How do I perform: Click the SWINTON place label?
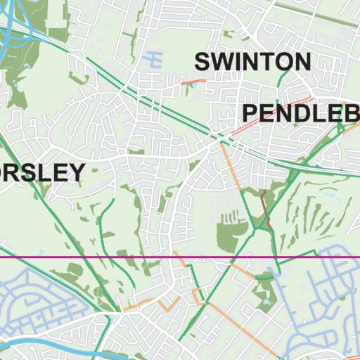[252, 61]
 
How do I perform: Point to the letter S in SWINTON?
[203, 61]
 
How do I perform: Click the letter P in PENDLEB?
[252, 112]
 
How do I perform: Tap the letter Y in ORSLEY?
[76, 172]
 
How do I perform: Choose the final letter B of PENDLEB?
[351, 112]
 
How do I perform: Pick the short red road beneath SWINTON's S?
[193, 82]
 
